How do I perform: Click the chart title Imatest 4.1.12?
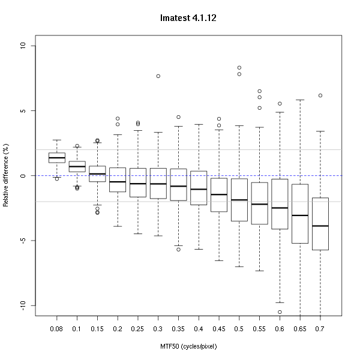[188, 19]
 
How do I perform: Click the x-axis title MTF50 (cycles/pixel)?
[188, 346]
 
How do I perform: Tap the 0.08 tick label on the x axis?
[57, 329]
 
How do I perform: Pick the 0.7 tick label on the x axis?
[320, 329]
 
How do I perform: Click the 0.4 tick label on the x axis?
[199, 329]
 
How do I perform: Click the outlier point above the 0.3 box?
[158, 76]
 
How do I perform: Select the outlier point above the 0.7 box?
[320, 95]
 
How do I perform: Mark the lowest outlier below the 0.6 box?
[280, 312]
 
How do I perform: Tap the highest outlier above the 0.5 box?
[239, 68]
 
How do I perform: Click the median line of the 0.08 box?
[57, 158]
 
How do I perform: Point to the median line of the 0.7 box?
[320, 226]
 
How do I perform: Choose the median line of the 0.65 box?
[300, 215]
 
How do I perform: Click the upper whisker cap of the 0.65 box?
[300, 100]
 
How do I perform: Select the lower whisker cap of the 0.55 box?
[259, 271]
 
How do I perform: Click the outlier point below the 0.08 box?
[57, 179]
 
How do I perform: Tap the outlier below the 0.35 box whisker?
[178, 249]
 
